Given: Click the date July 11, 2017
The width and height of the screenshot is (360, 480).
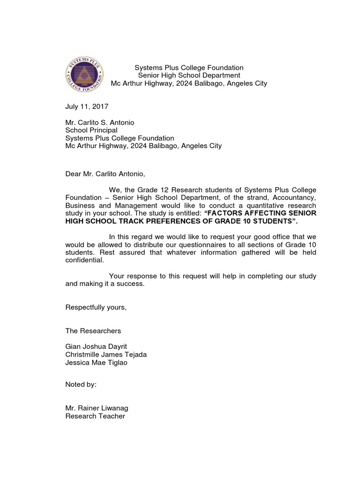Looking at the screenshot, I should [x=87, y=106].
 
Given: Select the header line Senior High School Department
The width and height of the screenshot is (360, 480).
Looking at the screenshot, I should [x=189, y=75].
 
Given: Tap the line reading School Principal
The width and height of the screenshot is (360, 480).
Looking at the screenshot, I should [x=91, y=130].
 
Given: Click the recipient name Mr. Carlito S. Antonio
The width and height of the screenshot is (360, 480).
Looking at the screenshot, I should [x=100, y=122].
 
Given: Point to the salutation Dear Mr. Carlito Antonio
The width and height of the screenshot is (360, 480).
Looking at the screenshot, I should [x=105, y=174].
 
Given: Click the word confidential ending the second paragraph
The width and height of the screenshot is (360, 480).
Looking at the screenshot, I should [x=84, y=260].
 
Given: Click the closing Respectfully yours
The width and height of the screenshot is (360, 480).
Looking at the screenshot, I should [x=96, y=307].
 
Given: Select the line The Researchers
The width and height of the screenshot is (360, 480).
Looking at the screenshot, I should [x=93, y=331].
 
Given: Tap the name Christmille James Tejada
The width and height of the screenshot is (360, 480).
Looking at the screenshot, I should [x=106, y=354].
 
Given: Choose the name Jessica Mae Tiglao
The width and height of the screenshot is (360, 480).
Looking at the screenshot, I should [x=96, y=362].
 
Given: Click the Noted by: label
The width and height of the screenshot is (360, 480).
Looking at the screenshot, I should [x=81, y=384].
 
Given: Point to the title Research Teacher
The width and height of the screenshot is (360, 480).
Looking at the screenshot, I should [x=95, y=416].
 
